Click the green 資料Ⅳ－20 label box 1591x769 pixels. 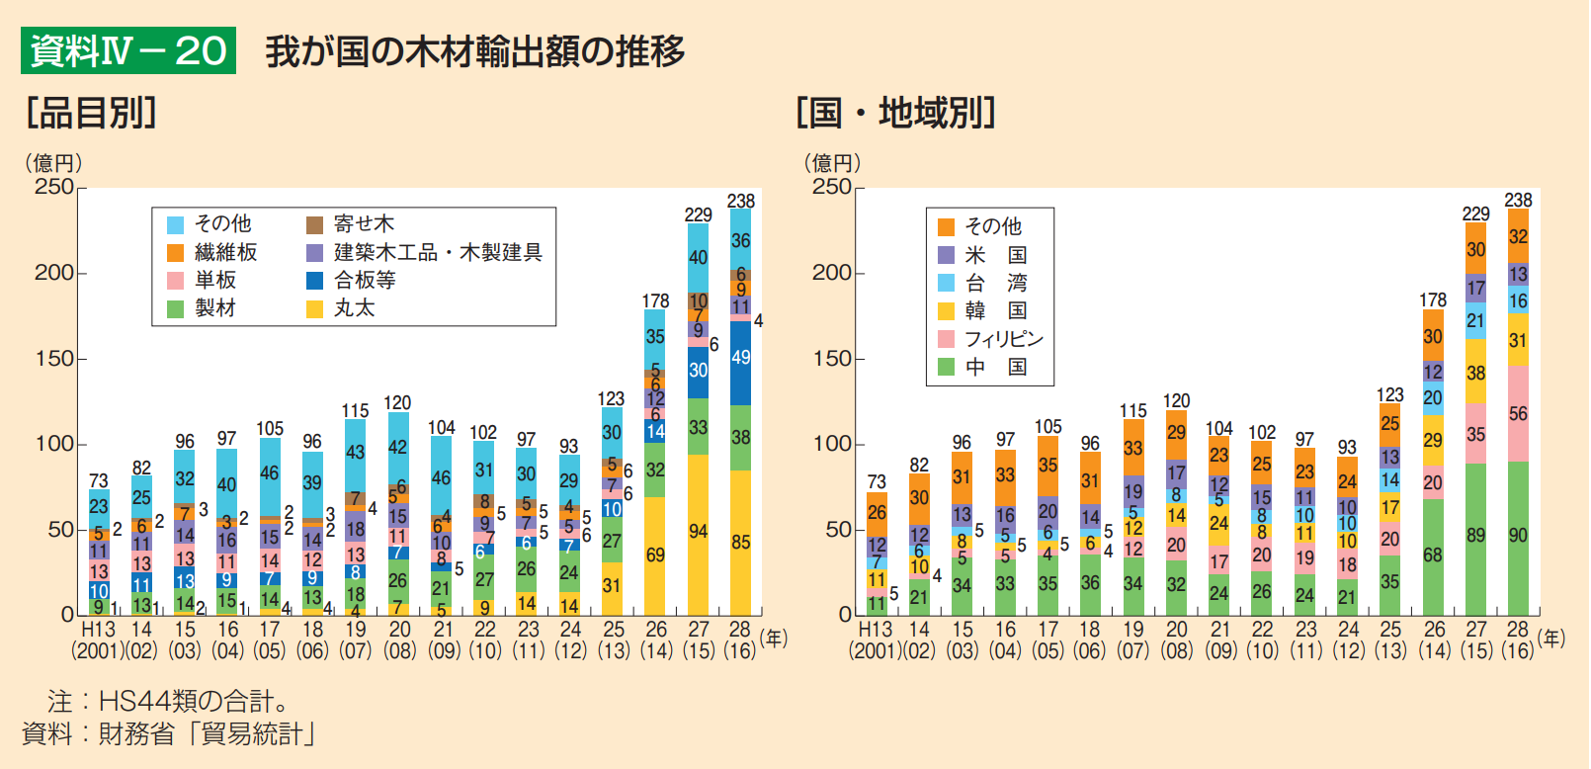click(x=128, y=50)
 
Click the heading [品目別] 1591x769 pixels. click(x=92, y=113)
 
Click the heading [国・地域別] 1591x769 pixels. click(x=895, y=113)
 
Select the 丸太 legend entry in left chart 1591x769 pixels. click(x=341, y=308)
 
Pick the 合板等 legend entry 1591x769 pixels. click(x=352, y=281)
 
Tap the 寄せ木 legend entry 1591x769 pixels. click(x=351, y=224)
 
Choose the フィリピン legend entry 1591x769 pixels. click(x=991, y=339)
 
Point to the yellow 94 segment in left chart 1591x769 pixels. click(x=699, y=532)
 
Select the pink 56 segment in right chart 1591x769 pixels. click(x=1518, y=413)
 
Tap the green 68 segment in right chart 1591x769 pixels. click(x=1433, y=555)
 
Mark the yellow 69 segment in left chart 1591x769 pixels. click(x=655, y=555)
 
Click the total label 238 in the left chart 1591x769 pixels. click(x=741, y=201)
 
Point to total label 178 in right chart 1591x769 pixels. click(x=1433, y=299)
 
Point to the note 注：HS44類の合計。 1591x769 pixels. click(x=168, y=702)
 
